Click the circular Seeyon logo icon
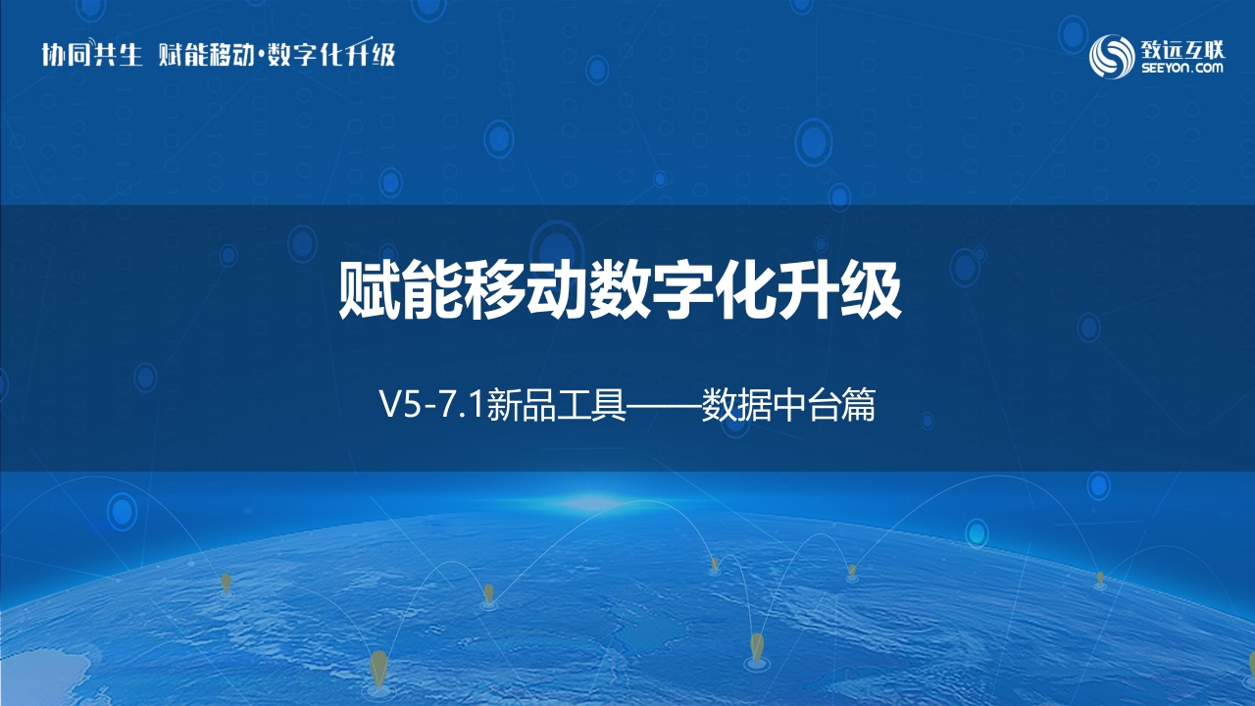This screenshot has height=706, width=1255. pos(1112,57)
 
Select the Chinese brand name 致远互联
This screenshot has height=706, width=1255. pos(1182,49)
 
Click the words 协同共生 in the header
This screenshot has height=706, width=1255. pos(92,54)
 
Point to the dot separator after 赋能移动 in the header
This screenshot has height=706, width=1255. pos(261,56)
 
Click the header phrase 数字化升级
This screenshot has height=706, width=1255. pos(331,54)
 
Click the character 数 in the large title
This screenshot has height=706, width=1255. pos(620,289)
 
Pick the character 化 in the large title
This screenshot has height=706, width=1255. pos(745,289)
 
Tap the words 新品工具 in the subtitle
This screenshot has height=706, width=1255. pos(556,405)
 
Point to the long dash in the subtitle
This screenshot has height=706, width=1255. pos(664,405)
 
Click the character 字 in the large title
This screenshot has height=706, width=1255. pos(682,289)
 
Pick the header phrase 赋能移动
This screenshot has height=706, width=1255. pos(206,54)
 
